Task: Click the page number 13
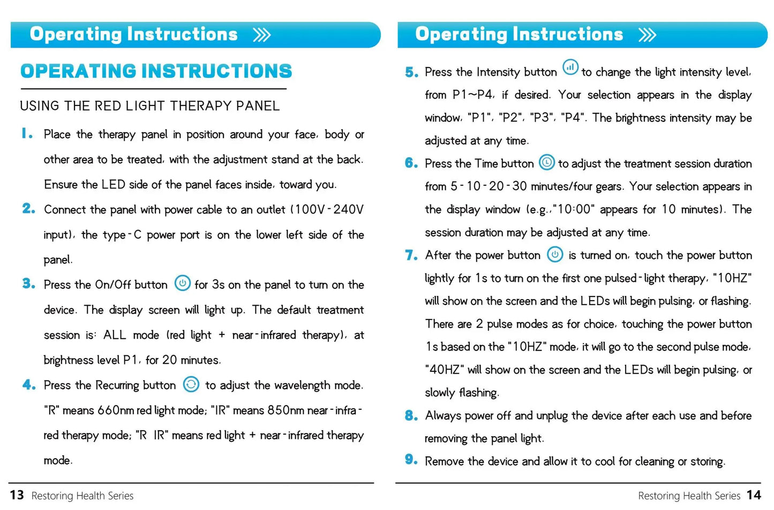17,495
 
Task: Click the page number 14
754,495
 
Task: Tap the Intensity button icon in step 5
570,67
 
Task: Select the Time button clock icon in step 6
546,162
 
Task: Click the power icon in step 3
182,283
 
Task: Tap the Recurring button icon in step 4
191,384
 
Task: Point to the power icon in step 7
555,254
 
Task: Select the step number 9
411,460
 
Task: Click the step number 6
411,163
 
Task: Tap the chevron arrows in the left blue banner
262,35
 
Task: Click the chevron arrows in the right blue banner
647,35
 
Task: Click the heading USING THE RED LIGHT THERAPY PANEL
150,106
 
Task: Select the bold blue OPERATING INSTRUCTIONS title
156,71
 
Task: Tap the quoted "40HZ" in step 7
444,370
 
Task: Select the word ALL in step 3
115,335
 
